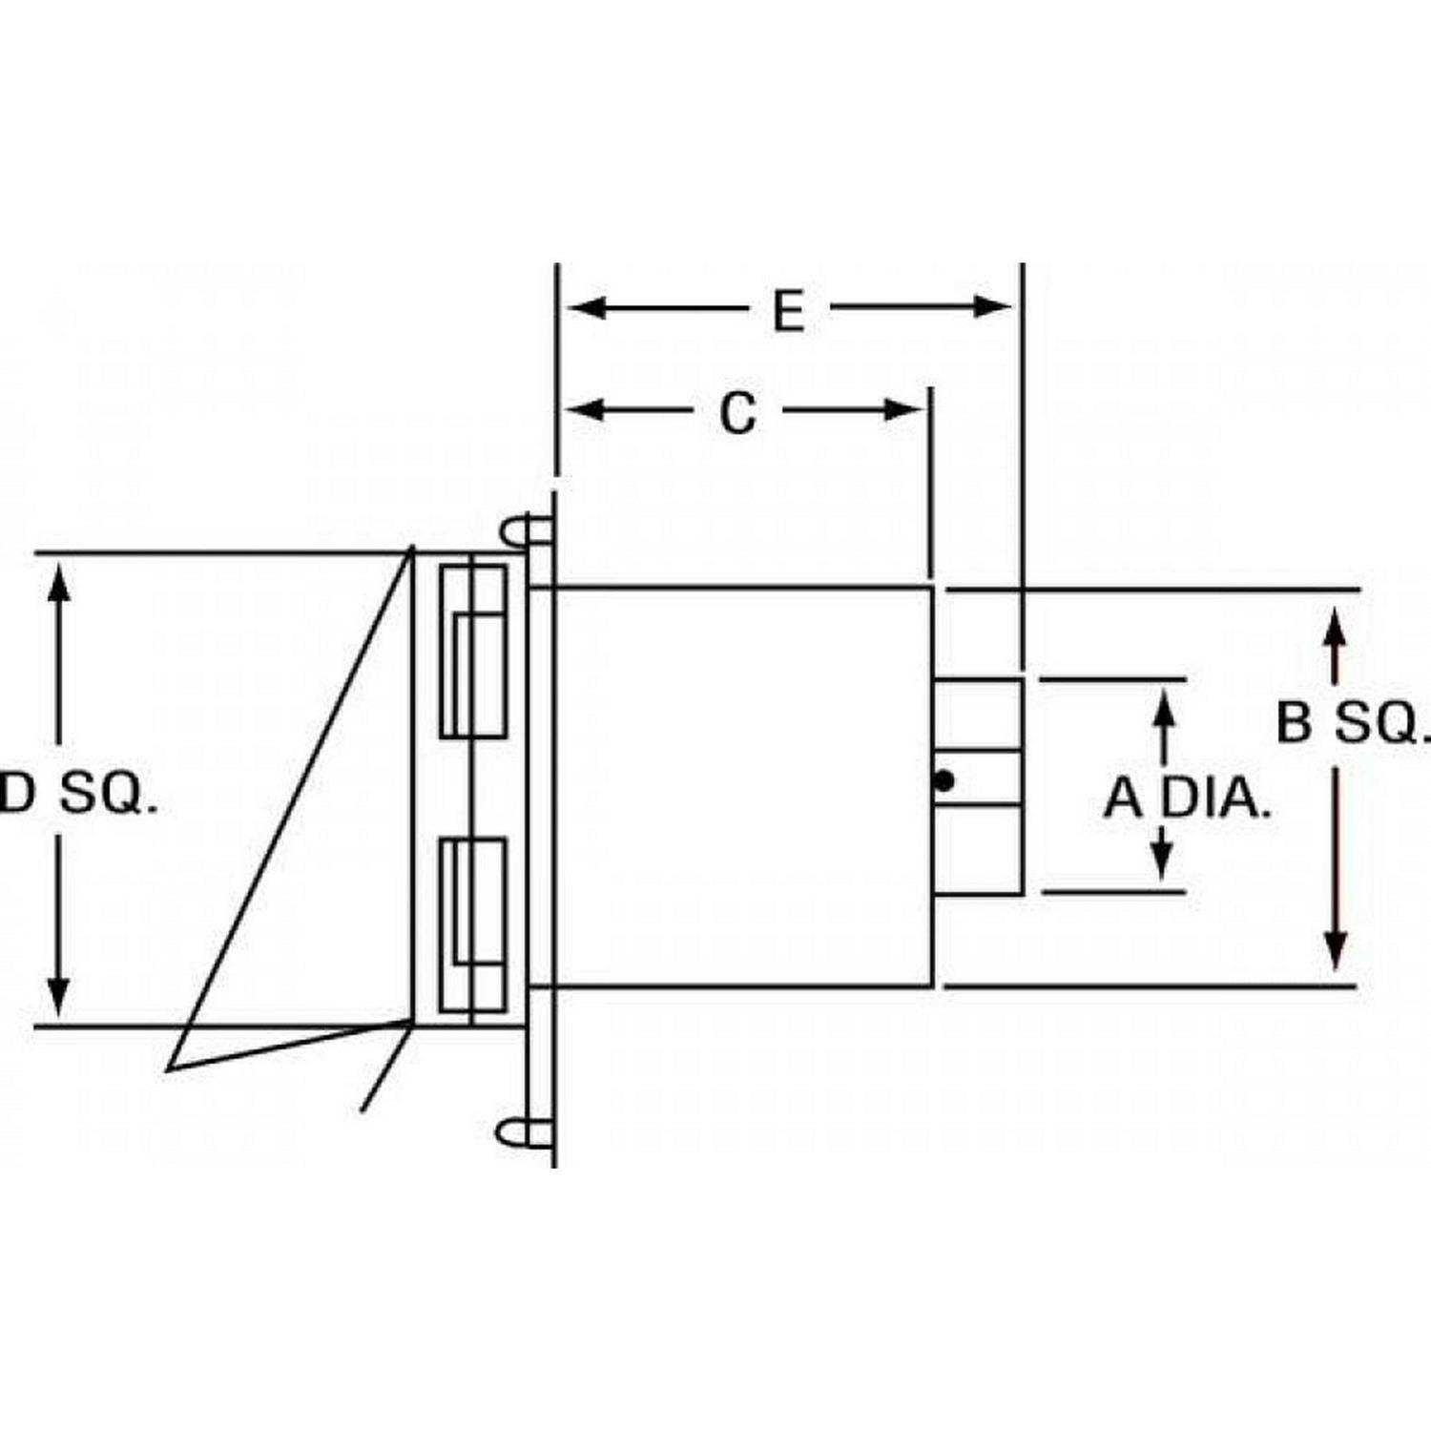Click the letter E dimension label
(x=788, y=310)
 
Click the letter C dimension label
(x=737, y=413)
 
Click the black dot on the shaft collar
(x=944, y=781)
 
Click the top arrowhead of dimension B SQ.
(x=1336, y=631)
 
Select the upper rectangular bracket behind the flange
(x=473, y=652)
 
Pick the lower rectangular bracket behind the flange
(x=473, y=924)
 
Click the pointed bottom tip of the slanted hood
(x=171, y=1068)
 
